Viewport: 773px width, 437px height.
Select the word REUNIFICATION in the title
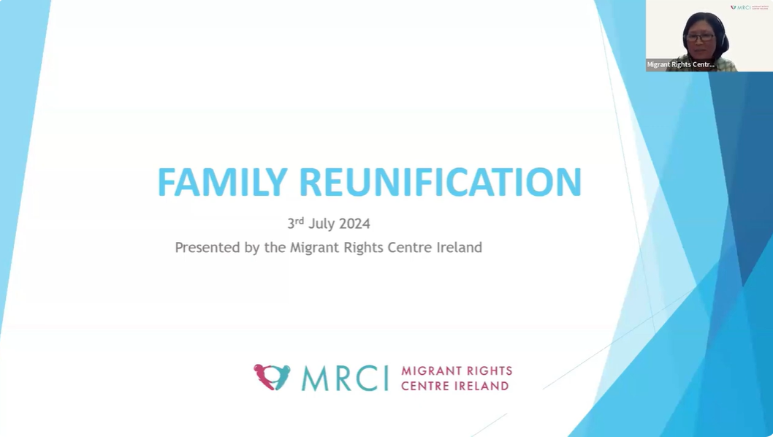point(440,183)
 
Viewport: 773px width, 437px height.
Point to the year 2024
point(354,224)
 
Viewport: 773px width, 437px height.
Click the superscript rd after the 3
point(300,221)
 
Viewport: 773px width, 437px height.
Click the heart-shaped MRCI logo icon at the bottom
point(272,377)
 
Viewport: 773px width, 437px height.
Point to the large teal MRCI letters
point(344,378)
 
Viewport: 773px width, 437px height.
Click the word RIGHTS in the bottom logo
point(486,370)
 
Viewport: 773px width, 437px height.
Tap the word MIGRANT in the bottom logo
point(428,370)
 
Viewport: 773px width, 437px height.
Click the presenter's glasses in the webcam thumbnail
point(700,37)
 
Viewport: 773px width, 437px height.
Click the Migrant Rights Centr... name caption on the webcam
point(681,64)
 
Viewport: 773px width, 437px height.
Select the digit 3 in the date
point(291,224)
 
